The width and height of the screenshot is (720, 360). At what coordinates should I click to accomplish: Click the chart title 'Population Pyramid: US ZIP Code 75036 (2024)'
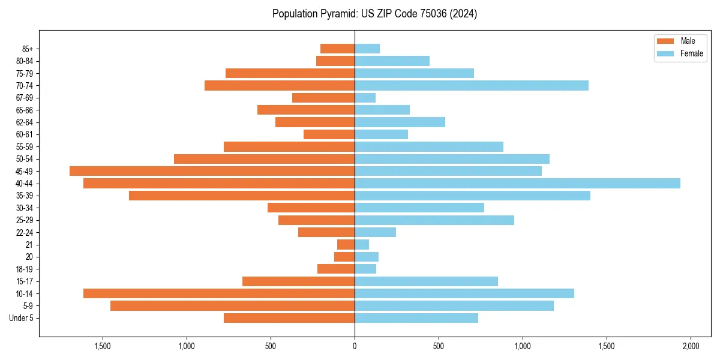(374, 14)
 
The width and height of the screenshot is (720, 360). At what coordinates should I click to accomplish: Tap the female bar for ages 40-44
(517, 184)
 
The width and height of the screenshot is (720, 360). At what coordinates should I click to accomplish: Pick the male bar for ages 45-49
(212, 171)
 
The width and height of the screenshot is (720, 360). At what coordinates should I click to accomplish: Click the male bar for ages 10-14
(219, 293)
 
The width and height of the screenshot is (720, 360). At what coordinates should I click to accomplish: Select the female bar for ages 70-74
(472, 86)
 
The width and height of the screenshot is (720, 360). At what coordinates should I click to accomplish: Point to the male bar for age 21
(346, 245)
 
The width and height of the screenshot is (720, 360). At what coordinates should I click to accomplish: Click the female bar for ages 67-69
(365, 98)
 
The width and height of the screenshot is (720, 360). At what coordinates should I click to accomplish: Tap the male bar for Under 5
(289, 318)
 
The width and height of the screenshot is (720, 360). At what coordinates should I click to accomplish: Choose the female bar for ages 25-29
(434, 220)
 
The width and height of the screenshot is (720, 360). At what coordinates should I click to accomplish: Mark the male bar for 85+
(338, 49)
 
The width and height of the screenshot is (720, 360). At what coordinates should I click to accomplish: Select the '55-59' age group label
(25, 147)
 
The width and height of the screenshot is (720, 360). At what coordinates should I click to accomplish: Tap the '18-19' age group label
(25, 269)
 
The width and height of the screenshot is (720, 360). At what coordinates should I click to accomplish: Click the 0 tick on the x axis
(355, 347)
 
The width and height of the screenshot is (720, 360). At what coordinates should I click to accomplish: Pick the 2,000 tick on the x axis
(691, 347)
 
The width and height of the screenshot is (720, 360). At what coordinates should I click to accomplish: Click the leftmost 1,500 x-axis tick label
(103, 347)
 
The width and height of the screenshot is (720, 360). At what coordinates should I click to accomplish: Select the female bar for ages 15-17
(427, 281)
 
